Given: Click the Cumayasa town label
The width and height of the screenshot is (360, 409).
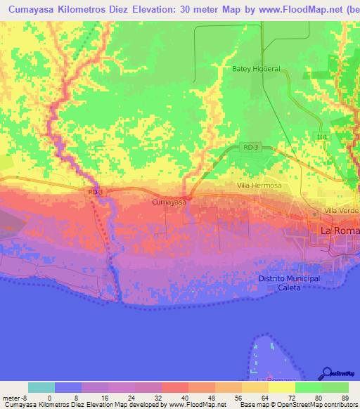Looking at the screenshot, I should [169, 202].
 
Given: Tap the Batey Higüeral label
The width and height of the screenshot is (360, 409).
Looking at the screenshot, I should [256, 69].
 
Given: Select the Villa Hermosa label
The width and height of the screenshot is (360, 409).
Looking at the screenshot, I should [259, 186].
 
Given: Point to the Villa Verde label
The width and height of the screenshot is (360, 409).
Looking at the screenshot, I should [341, 211].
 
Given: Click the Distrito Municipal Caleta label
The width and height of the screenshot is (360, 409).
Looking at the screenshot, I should [289, 283].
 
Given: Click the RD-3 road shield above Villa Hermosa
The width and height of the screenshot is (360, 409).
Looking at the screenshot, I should [250, 147].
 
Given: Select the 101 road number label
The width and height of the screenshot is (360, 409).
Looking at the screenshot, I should [322, 136].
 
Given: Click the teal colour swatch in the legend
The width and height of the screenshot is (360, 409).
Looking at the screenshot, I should [41, 387].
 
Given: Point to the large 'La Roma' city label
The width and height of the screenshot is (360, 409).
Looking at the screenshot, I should [340, 231].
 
